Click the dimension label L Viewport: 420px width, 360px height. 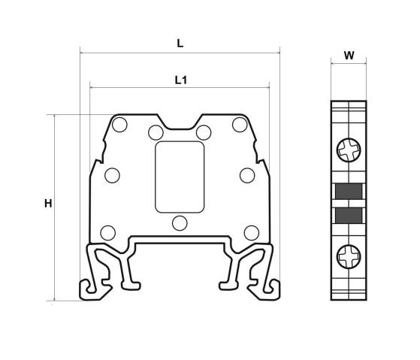click(x=180, y=43)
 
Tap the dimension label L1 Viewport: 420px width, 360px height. click(x=181, y=80)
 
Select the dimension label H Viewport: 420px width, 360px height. click(x=48, y=204)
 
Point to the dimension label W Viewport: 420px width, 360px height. click(x=349, y=56)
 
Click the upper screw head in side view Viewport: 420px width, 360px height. click(x=349, y=150)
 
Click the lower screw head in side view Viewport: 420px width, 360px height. click(x=349, y=256)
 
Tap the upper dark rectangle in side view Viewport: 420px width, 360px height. click(x=349, y=191)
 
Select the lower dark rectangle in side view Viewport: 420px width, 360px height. click(x=349, y=216)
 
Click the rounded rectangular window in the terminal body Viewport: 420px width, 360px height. click(x=180, y=177)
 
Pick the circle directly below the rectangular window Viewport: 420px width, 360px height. click(x=180, y=223)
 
